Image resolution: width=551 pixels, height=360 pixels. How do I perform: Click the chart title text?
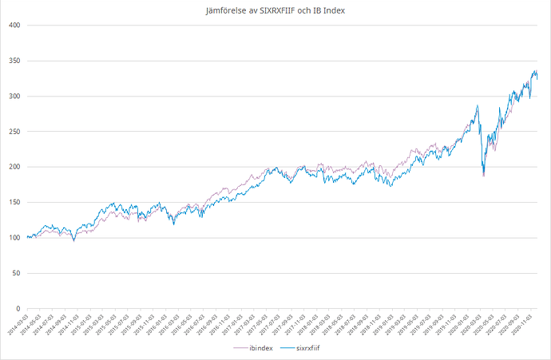275,10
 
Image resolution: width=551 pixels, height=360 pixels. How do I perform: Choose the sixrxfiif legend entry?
309,349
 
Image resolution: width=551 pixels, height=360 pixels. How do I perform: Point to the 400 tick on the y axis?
14,26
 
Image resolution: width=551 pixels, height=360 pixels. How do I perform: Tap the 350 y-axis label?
14,61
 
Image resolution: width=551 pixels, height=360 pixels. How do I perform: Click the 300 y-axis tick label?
14,97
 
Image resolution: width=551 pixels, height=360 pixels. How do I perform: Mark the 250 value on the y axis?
14,132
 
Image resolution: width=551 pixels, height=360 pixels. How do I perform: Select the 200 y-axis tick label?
14,167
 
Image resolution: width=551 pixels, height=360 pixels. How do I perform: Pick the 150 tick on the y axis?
14,203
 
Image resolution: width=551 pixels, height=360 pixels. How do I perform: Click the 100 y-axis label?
14,238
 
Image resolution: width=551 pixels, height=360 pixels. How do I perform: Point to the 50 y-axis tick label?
15,273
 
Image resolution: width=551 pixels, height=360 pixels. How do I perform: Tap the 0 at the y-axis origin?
18,308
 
